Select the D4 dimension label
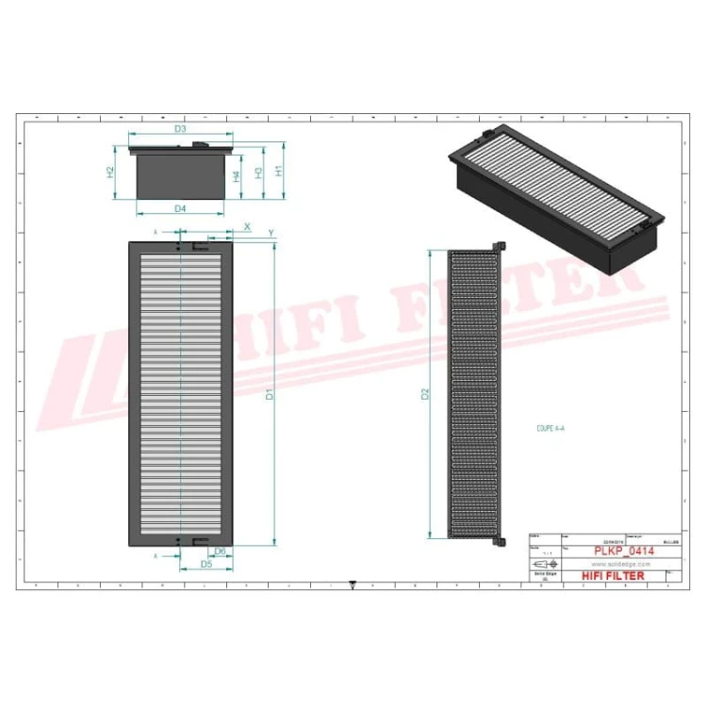[180, 208]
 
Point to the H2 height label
[110, 173]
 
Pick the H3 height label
[257, 173]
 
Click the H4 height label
[237, 174]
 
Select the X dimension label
[247, 227]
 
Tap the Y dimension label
[271, 232]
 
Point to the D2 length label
[425, 394]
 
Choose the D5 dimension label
[206, 564]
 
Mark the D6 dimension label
[220, 551]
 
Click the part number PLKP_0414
[618, 551]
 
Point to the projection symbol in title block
[545, 564]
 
